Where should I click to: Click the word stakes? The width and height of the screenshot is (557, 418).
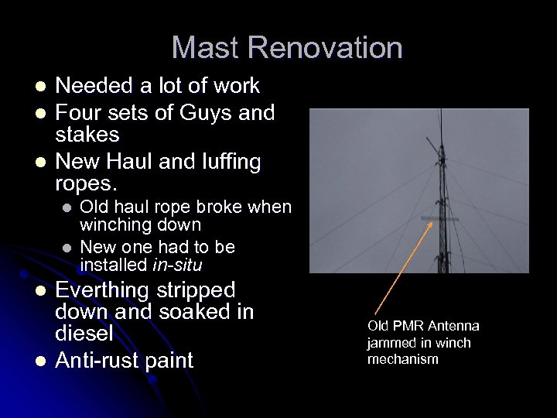pos(87,135)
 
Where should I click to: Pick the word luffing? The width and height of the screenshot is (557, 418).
pos(224,162)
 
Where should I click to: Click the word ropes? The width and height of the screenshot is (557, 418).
pos(85,183)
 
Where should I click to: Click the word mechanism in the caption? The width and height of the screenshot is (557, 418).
pos(402,359)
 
